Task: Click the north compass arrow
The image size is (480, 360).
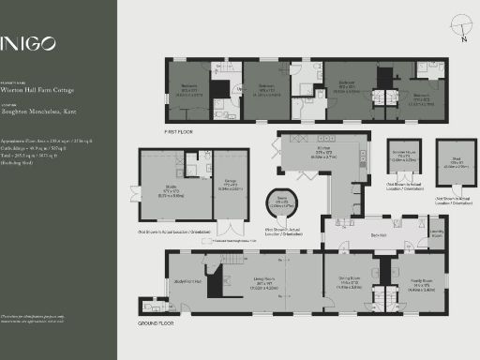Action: (x=463, y=35)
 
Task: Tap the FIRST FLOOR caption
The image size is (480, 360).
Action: (x=178, y=131)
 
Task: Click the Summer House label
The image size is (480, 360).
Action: (x=405, y=157)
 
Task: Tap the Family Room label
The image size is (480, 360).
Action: (x=421, y=282)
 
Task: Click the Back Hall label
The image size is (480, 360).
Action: (x=380, y=235)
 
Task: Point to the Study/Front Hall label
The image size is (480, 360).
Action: (x=187, y=280)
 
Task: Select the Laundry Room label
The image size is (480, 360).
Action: (x=437, y=233)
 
